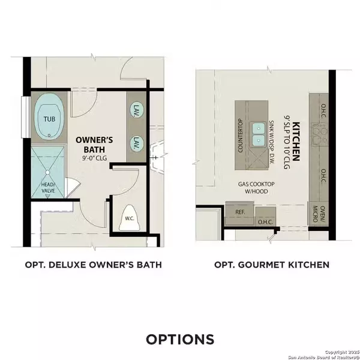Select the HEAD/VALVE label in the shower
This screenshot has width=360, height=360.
pyautogui.click(x=48, y=188)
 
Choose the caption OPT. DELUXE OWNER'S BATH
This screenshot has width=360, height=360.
pyautogui.click(x=93, y=264)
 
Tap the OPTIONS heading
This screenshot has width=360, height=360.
pyautogui.click(x=180, y=339)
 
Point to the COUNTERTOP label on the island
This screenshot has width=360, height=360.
pyautogui.click(x=241, y=136)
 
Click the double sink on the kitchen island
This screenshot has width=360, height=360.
pyautogui.click(x=259, y=134)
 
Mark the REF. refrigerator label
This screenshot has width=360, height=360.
pyautogui.click(x=239, y=211)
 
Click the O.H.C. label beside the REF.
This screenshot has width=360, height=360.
pyautogui.click(x=265, y=221)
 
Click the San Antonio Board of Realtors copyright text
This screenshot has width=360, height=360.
pyautogui.click(x=322, y=355)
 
